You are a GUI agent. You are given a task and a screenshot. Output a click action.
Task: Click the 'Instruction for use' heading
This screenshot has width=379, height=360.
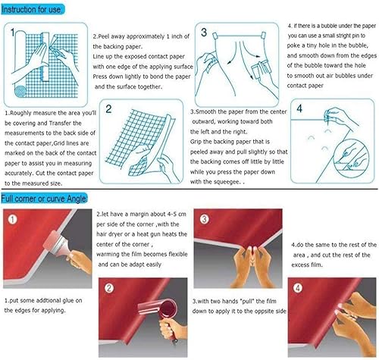pyautogui.click(x=32, y=10)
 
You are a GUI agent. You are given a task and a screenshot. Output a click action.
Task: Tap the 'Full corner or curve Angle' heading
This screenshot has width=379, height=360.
pyautogui.click(x=44, y=199)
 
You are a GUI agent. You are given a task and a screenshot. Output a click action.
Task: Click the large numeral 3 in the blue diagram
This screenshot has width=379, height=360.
pyautogui.click(x=204, y=33)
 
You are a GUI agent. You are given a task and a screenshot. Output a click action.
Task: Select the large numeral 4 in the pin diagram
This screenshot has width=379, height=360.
pyautogui.click(x=299, y=108)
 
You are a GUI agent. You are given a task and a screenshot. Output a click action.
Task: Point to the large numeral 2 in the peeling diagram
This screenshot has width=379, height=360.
pyautogui.click(x=108, y=109)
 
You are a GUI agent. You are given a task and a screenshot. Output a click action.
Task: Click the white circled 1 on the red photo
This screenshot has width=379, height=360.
pyautogui.click(x=12, y=219)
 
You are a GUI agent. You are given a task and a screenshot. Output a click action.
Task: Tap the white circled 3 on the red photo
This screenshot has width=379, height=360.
pyautogui.click(x=204, y=218)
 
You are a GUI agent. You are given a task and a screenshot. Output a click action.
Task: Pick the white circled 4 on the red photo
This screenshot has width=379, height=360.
pyautogui.click(x=298, y=288)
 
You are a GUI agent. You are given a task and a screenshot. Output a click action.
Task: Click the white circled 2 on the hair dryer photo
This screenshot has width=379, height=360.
pyautogui.click(x=109, y=288)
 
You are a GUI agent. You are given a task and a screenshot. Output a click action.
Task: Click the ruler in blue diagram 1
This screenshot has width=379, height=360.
pyautogui.click(x=45, y=56)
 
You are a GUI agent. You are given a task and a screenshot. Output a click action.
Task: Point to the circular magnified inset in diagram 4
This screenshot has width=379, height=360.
pyautogui.click(x=351, y=155)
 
